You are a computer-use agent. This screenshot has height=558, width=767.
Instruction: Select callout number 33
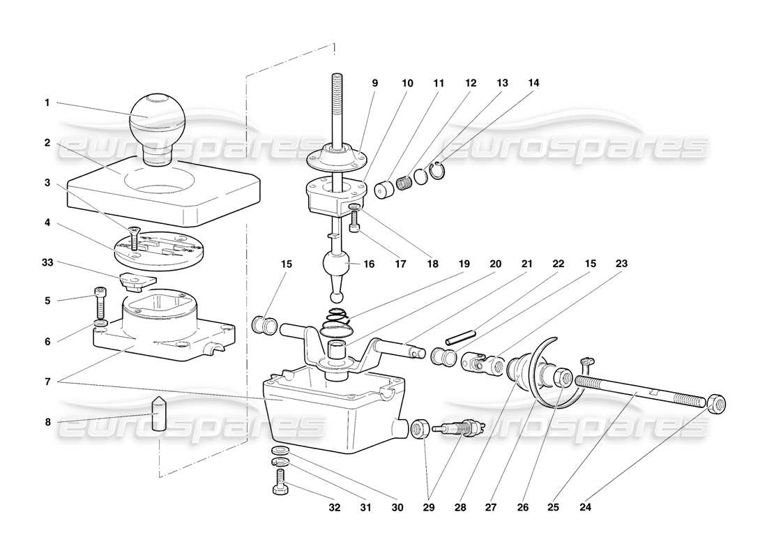coord(47,264)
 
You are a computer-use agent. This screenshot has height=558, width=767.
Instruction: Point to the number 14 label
coord(533,83)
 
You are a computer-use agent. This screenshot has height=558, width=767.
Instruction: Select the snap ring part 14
coord(438,171)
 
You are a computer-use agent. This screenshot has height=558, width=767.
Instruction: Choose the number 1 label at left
coord(47,103)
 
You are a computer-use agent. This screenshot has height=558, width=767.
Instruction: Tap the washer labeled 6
coord(100,323)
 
